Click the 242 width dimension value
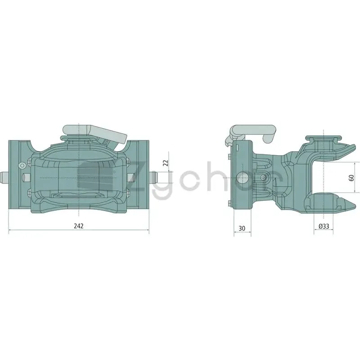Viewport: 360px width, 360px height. click(78, 226)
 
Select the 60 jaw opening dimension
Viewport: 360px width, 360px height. click(351, 177)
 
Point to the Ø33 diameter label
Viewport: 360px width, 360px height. click(324, 226)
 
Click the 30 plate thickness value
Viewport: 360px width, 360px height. click(242, 228)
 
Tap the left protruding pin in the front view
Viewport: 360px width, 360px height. click(5, 178)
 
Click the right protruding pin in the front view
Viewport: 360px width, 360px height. click(153, 178)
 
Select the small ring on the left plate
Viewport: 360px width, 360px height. click(22, 165)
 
